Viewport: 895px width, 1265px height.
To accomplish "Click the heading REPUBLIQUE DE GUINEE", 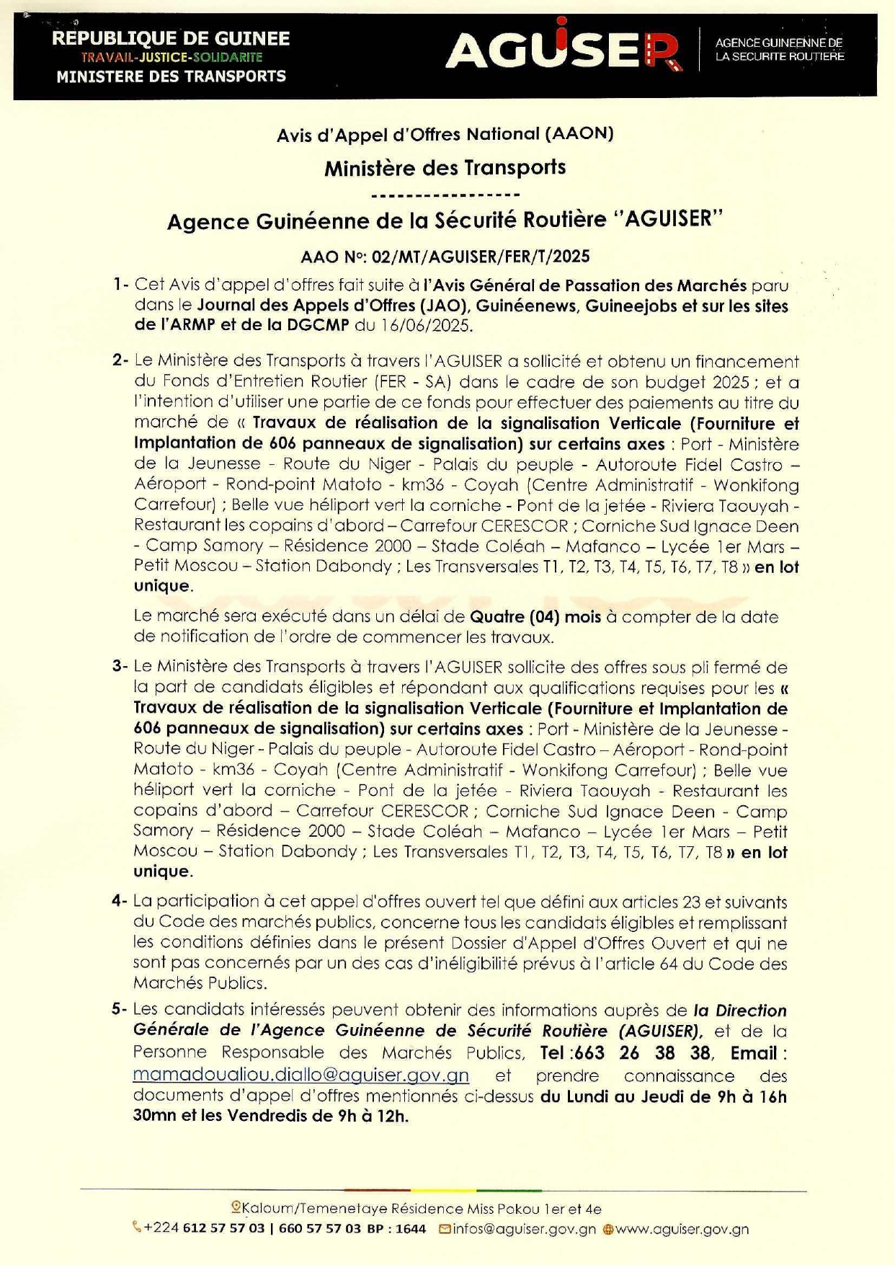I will tap(171, 38).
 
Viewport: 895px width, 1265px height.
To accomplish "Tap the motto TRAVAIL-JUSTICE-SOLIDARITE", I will tap(172, 57).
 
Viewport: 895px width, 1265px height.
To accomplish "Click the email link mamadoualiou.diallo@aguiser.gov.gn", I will tap(300, 1075).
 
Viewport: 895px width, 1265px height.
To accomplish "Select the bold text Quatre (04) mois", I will tap(535, 616).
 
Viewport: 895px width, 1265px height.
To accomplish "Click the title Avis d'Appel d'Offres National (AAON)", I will tap(445, 133).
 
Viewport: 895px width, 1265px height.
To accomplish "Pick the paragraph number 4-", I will tap(120, 901).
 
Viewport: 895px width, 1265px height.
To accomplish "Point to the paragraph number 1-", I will tap(120, 285).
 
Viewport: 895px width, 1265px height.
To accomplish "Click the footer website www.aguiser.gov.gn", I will tap(681, 1229).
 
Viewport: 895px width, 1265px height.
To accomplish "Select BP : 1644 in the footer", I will tap(396, 1229).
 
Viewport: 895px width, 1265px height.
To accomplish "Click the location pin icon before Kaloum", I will tap(236, 1207).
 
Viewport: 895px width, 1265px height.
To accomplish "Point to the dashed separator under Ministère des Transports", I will tap(445, 195).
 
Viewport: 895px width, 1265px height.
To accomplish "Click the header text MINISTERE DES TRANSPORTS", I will tap(171, 76).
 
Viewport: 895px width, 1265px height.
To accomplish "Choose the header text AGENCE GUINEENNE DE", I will tap(778, 43).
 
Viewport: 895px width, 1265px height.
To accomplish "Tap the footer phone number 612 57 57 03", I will tap(223, 1229).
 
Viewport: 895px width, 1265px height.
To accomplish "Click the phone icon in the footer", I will tap(137, 1227).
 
